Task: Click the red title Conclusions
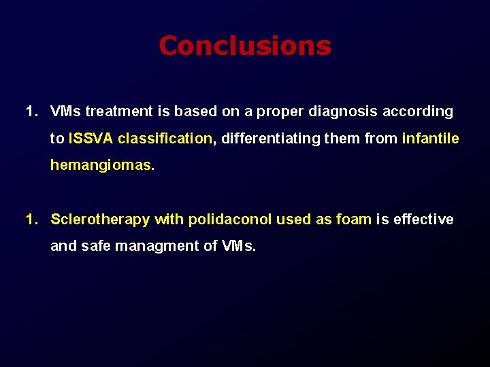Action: (245, 46)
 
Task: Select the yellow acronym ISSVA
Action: (91, 139)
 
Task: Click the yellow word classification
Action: (165, 139)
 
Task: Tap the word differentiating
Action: (279, 139)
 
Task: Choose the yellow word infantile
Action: (430, 139)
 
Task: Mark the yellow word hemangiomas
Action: (101, 165)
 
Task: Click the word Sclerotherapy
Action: (100, 220)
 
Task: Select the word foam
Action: (354, 220)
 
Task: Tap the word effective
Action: (423, 220)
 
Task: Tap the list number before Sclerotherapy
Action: (31, 220)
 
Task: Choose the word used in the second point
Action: (295, 220)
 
